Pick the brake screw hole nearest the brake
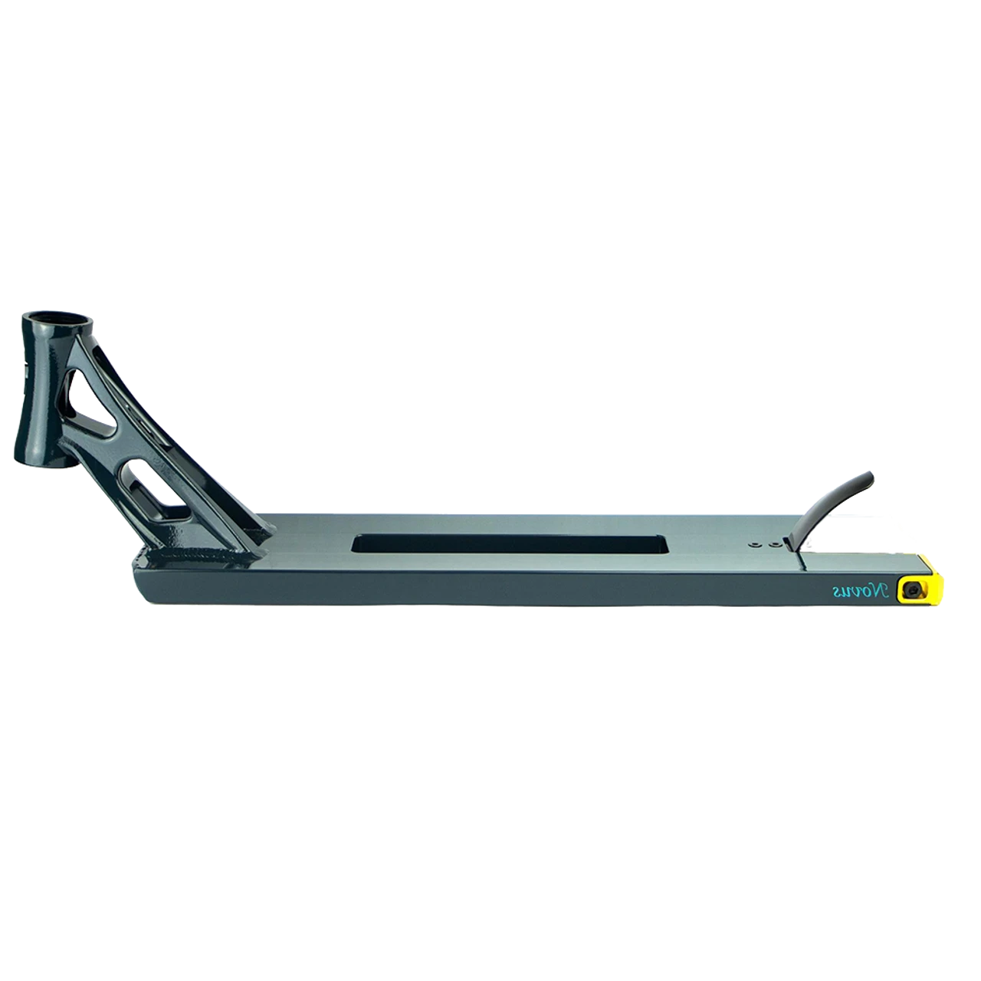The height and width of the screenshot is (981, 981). pyautogui.click(x=775, y=545)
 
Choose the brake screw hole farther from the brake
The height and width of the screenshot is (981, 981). pyautogui.click(x=754, y=545)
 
